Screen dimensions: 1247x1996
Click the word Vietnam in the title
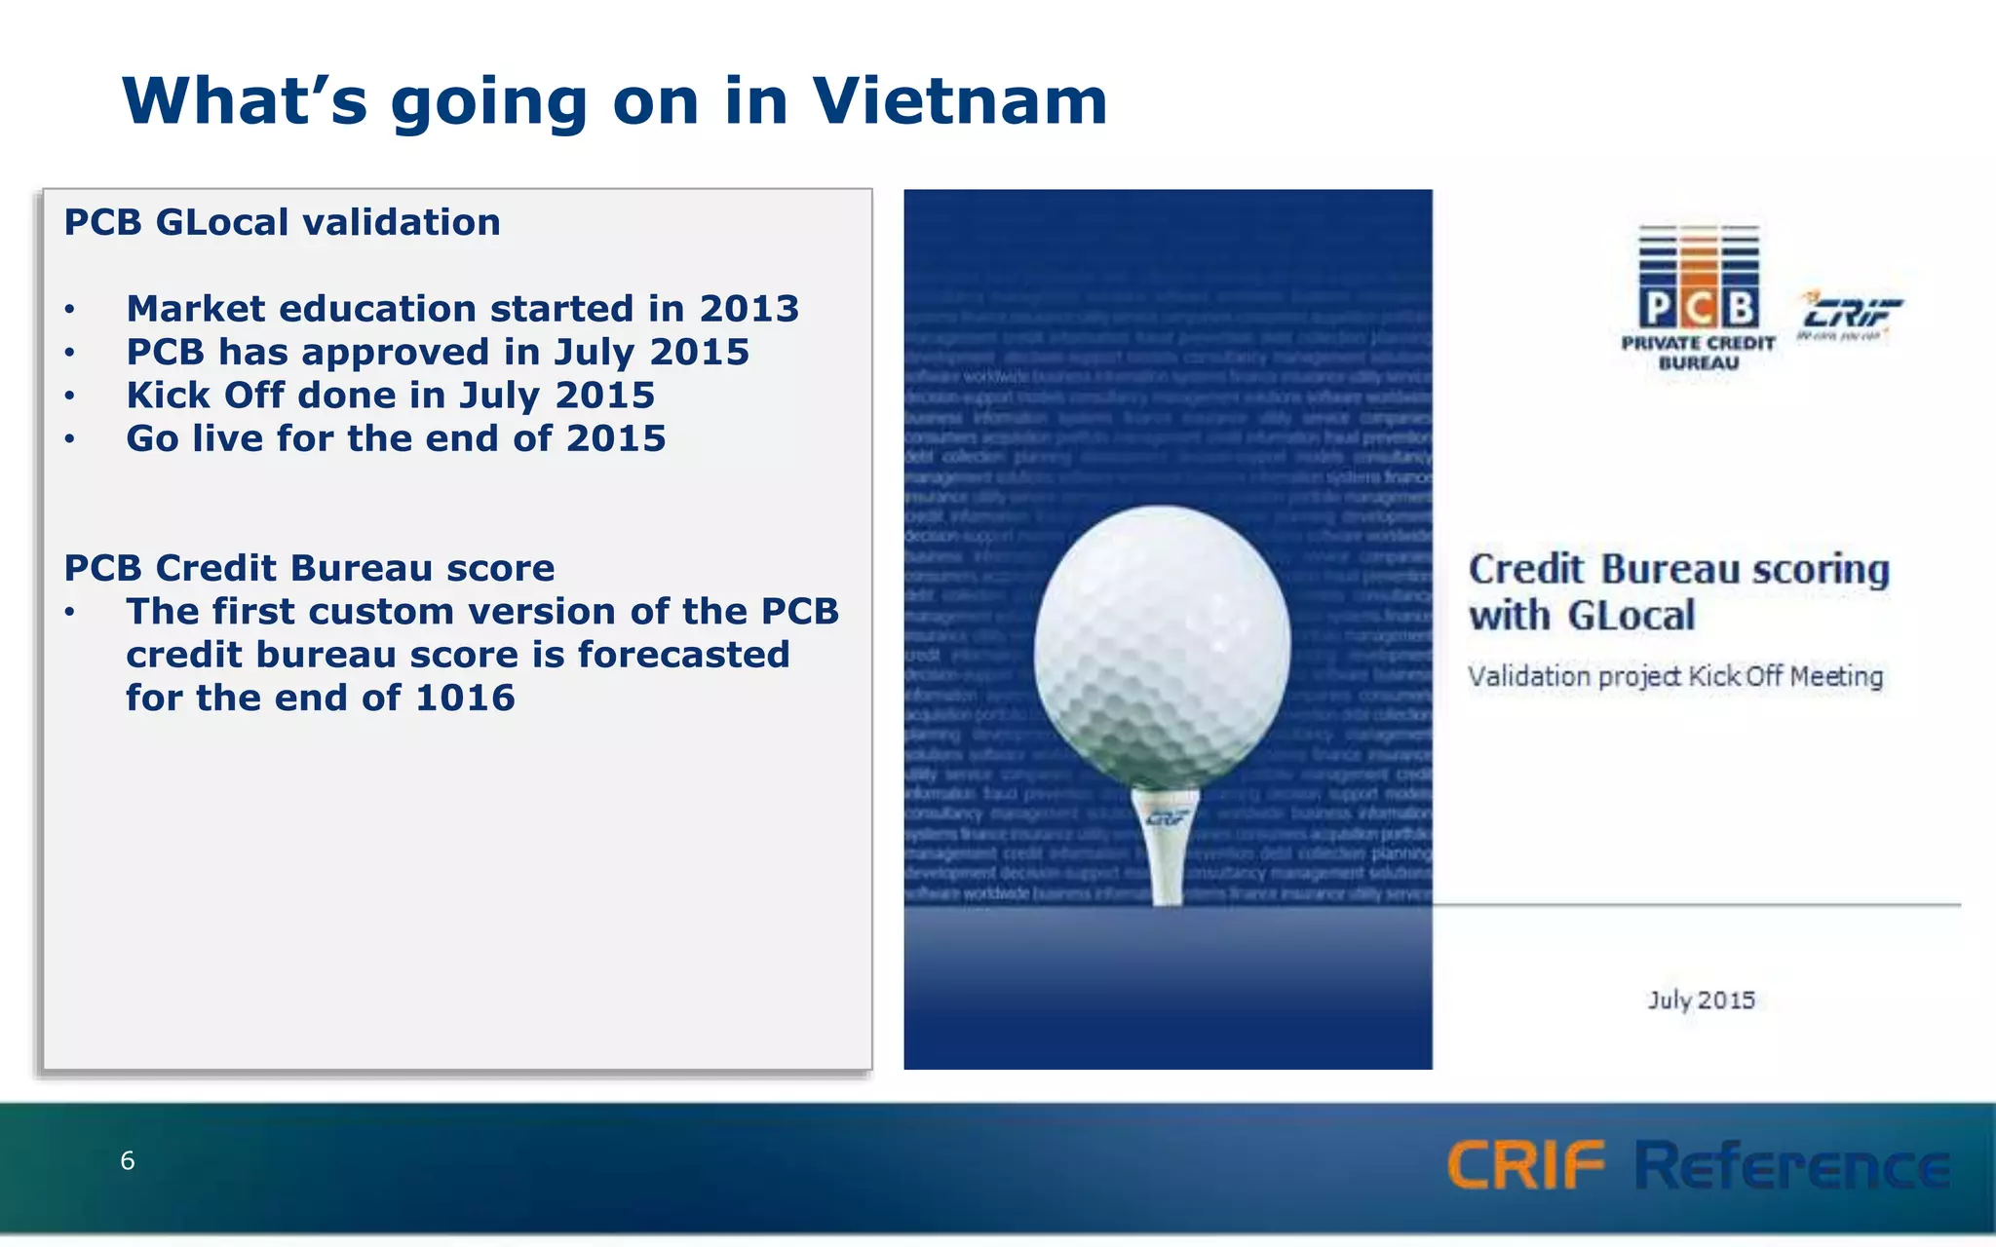click(960, 101)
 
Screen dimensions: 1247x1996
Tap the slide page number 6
click(127, 1160)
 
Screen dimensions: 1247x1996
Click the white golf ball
click(1162, 643)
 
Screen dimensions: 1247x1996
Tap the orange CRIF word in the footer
click(1525, 1165)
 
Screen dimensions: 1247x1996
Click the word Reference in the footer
click(1791, 1165)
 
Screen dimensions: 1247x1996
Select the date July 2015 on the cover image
click(1701, 1001)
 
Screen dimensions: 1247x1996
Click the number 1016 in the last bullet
click(465, 699)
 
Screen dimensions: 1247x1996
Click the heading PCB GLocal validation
click(282, 222)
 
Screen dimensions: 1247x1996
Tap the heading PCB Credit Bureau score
click(309, 568)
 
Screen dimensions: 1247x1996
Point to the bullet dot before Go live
click(70, 439)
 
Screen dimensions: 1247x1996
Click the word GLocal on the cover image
click(1631, 617)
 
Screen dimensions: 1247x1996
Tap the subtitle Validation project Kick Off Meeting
click(1675, 676)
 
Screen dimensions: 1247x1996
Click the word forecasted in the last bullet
click(683, 655)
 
